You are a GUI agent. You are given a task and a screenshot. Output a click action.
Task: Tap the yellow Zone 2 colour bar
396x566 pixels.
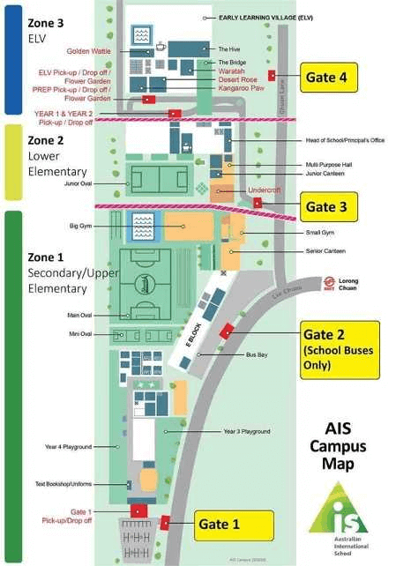point(12,160)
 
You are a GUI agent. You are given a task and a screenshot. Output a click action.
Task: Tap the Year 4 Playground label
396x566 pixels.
point(69,447)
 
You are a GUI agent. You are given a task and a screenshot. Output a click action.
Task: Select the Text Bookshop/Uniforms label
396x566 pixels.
point(64,483)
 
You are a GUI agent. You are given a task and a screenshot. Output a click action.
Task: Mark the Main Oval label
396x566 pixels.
point(79,315)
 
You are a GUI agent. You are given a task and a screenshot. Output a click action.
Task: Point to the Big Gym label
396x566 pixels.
point(81,226)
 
